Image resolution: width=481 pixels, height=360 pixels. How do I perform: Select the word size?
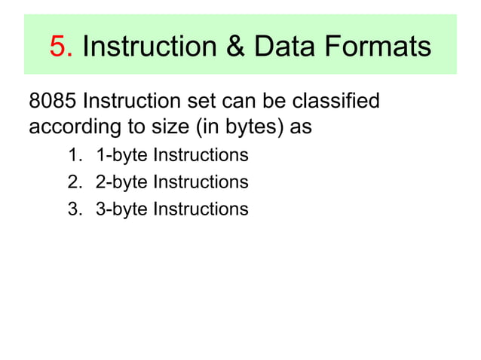[x=171, y=127]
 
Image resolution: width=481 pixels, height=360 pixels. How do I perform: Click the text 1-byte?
[x=121, y=156]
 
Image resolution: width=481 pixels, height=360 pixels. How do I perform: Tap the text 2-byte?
[x=121, y=182]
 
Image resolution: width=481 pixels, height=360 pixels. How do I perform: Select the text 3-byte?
[x=121, y=209]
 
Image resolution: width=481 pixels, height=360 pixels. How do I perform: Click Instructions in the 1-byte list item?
[x=200, y=156]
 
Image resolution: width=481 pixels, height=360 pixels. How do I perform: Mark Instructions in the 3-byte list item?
[x=200, y=209]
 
